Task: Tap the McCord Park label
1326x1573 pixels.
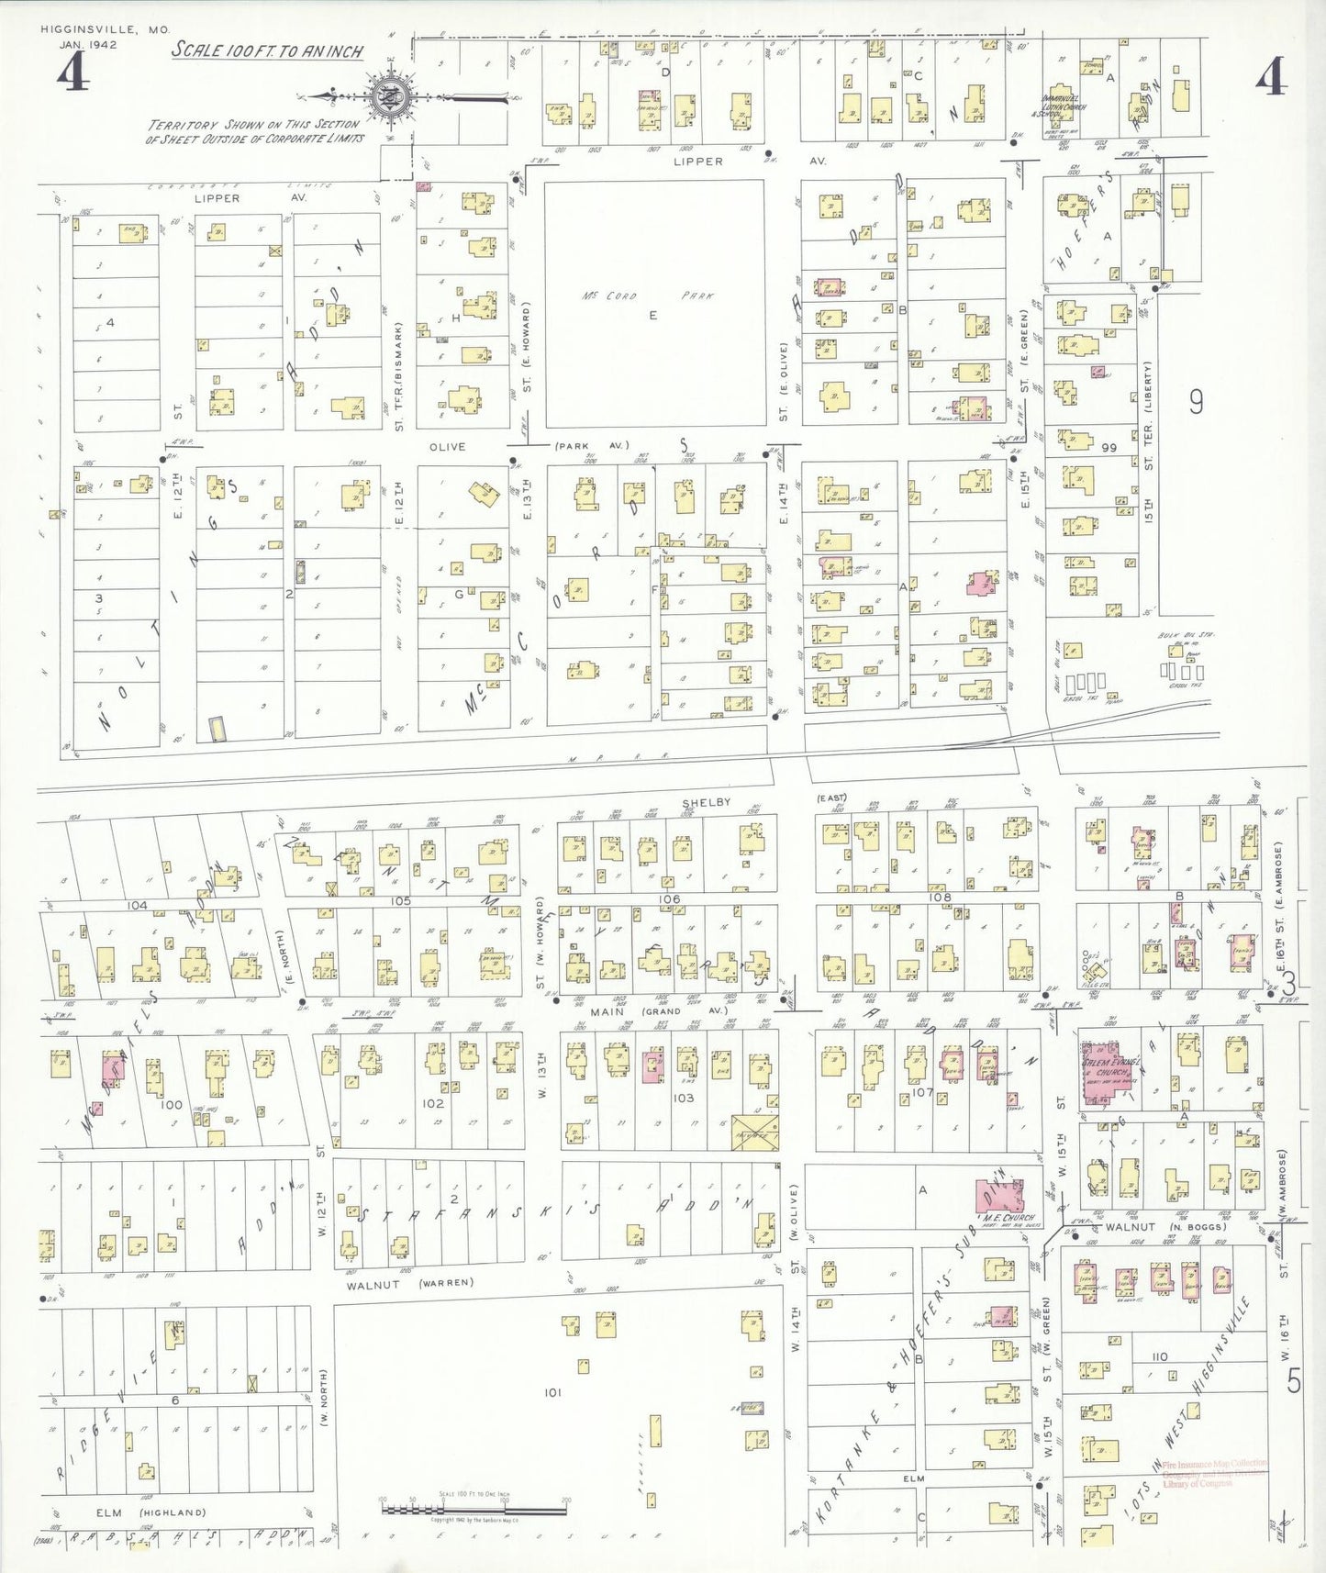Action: [x=647, y=296]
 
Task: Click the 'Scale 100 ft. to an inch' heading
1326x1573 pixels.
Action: [x=267, y=50]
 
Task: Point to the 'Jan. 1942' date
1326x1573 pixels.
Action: [x=88, y=44]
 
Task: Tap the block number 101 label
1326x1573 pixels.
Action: [x=552, y=1392]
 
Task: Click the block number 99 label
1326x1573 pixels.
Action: [x=1109, y=447]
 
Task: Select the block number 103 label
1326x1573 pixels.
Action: [x=683, y=1098]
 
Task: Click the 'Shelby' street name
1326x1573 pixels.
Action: [x=707, y=802]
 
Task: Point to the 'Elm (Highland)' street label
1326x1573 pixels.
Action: [x=150, y=1512]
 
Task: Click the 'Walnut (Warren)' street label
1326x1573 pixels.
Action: [x=409, y=1283]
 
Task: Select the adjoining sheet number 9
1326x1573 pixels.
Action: [x=1196, y=402]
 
